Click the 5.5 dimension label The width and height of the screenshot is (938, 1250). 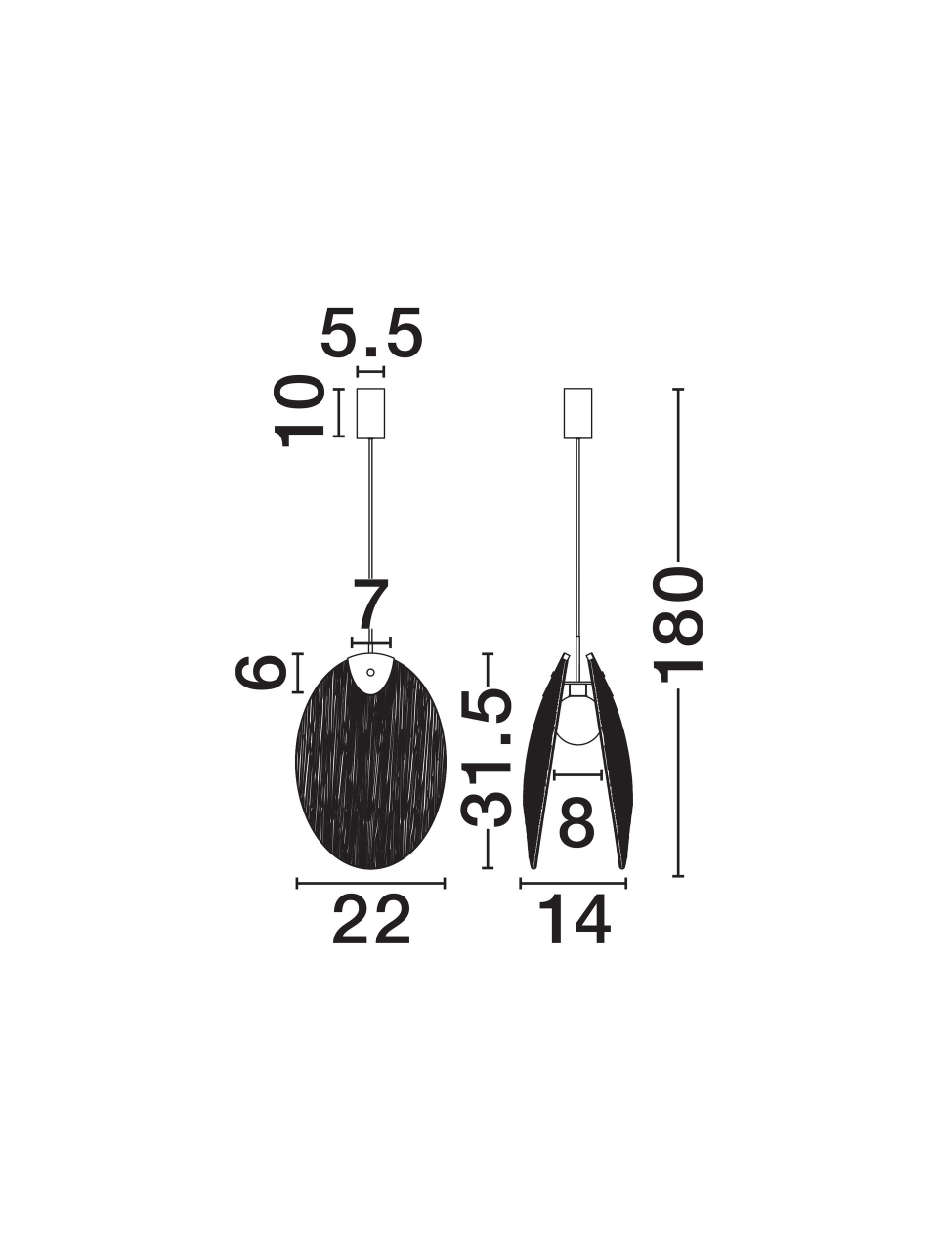(x=370, y=332)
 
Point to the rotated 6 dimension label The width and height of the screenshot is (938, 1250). (x=259, y=673)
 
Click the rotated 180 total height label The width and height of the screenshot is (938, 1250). (x=678, y=624)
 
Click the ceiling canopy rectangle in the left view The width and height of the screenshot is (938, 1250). (x=370, y=413)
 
